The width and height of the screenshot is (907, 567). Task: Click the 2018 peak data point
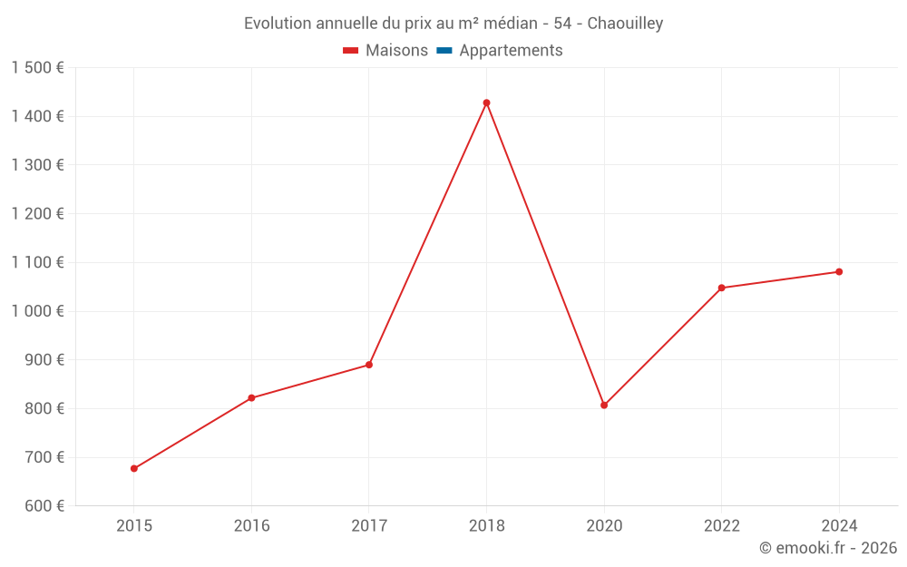point(486,103)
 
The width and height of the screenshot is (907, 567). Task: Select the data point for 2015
point(134,469)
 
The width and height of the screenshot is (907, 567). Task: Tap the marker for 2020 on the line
point(604,406)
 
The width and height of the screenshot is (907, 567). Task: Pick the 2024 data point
point(839,272)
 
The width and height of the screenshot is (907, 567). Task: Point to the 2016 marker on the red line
point(251,398)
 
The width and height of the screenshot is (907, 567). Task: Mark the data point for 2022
point(721,288)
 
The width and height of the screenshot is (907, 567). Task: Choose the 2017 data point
point(369,365)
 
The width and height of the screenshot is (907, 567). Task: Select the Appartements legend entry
point(511,51)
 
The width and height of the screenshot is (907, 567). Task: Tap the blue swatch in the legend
point(444,51)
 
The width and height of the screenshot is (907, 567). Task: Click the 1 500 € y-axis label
point(37,68)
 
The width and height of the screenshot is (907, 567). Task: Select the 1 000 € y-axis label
point(37,311)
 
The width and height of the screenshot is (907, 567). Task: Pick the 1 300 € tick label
point(37,165)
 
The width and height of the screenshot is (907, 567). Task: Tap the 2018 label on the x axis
point(486,526)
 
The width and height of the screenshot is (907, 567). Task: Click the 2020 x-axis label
point(604,526)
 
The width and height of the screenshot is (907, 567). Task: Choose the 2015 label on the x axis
point(134,526)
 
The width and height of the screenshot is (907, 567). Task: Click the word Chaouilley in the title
point(625,24)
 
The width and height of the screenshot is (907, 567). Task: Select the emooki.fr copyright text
point(828,548)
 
